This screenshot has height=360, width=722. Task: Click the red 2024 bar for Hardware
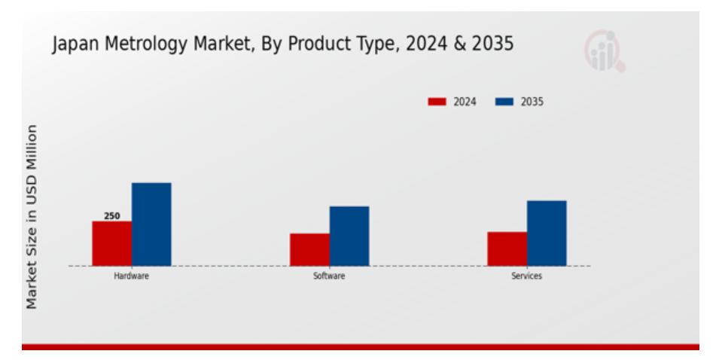[x=111, y=243]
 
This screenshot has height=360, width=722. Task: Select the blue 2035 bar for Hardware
[x=151, y=224]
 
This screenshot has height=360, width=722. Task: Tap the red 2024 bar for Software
[x=309, y=249]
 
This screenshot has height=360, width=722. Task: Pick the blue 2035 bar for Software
[x=349, y=236]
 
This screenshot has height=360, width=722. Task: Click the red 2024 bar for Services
[x=507, y=249]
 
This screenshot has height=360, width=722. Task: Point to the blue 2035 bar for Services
[x=547, y=233]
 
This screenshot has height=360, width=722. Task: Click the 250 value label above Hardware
[x=111, y=216]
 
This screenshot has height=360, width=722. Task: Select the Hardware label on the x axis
[x=131, y=276]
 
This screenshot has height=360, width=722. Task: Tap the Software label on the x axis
[x=329, y=276]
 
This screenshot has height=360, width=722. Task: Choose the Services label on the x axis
[x=526, y=276]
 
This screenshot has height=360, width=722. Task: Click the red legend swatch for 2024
[x=437, y=102]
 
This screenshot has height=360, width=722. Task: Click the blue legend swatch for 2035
[x=504, y=102]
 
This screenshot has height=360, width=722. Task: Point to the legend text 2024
[x=465, y=102]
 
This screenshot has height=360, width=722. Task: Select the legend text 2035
[x=532, y=102]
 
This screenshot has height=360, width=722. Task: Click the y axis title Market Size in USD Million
[x=32, y=217]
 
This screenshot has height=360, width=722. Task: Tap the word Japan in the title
[x=73, y=44]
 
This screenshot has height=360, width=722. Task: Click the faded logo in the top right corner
[x=605, y=51]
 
